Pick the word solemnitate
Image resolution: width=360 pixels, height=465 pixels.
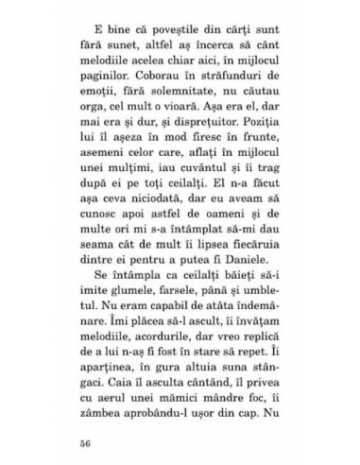(x=159, y=106)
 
